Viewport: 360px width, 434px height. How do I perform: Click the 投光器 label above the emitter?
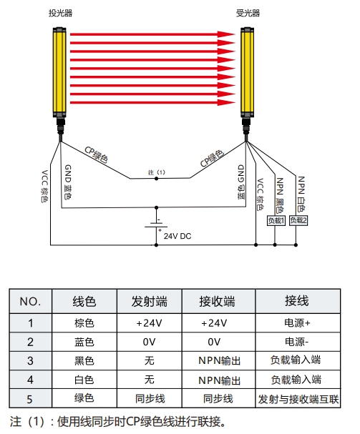pos(60,13)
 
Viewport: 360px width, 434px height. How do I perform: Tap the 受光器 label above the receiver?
pos(248,13)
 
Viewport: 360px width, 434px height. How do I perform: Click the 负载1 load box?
pos(276,221)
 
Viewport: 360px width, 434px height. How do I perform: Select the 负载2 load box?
pos(298,221)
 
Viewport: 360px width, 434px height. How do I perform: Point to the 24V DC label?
pos(177,236)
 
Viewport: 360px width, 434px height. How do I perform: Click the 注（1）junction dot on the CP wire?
pos(156,179)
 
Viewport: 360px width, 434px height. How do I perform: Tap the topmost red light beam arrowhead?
pos(226,34)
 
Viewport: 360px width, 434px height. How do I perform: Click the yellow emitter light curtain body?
pos(59,72)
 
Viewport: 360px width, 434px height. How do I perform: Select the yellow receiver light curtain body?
pos(247,72)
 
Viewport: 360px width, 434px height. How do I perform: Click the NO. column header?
pos(31,302)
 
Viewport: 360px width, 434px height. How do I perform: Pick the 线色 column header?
pos(84,302)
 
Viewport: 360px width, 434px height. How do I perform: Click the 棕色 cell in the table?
pos(84,323)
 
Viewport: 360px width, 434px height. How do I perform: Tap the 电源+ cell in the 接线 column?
pos(298,323)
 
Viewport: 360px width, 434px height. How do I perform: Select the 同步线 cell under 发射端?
pos(150,398)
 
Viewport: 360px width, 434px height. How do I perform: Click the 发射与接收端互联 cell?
pos(298,399)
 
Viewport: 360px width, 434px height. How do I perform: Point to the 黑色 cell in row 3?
pos(84,361)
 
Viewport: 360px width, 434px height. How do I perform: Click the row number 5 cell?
pos(31,399)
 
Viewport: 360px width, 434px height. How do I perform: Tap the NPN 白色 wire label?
pos(301,194)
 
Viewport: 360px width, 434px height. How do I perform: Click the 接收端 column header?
pos(218,302)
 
